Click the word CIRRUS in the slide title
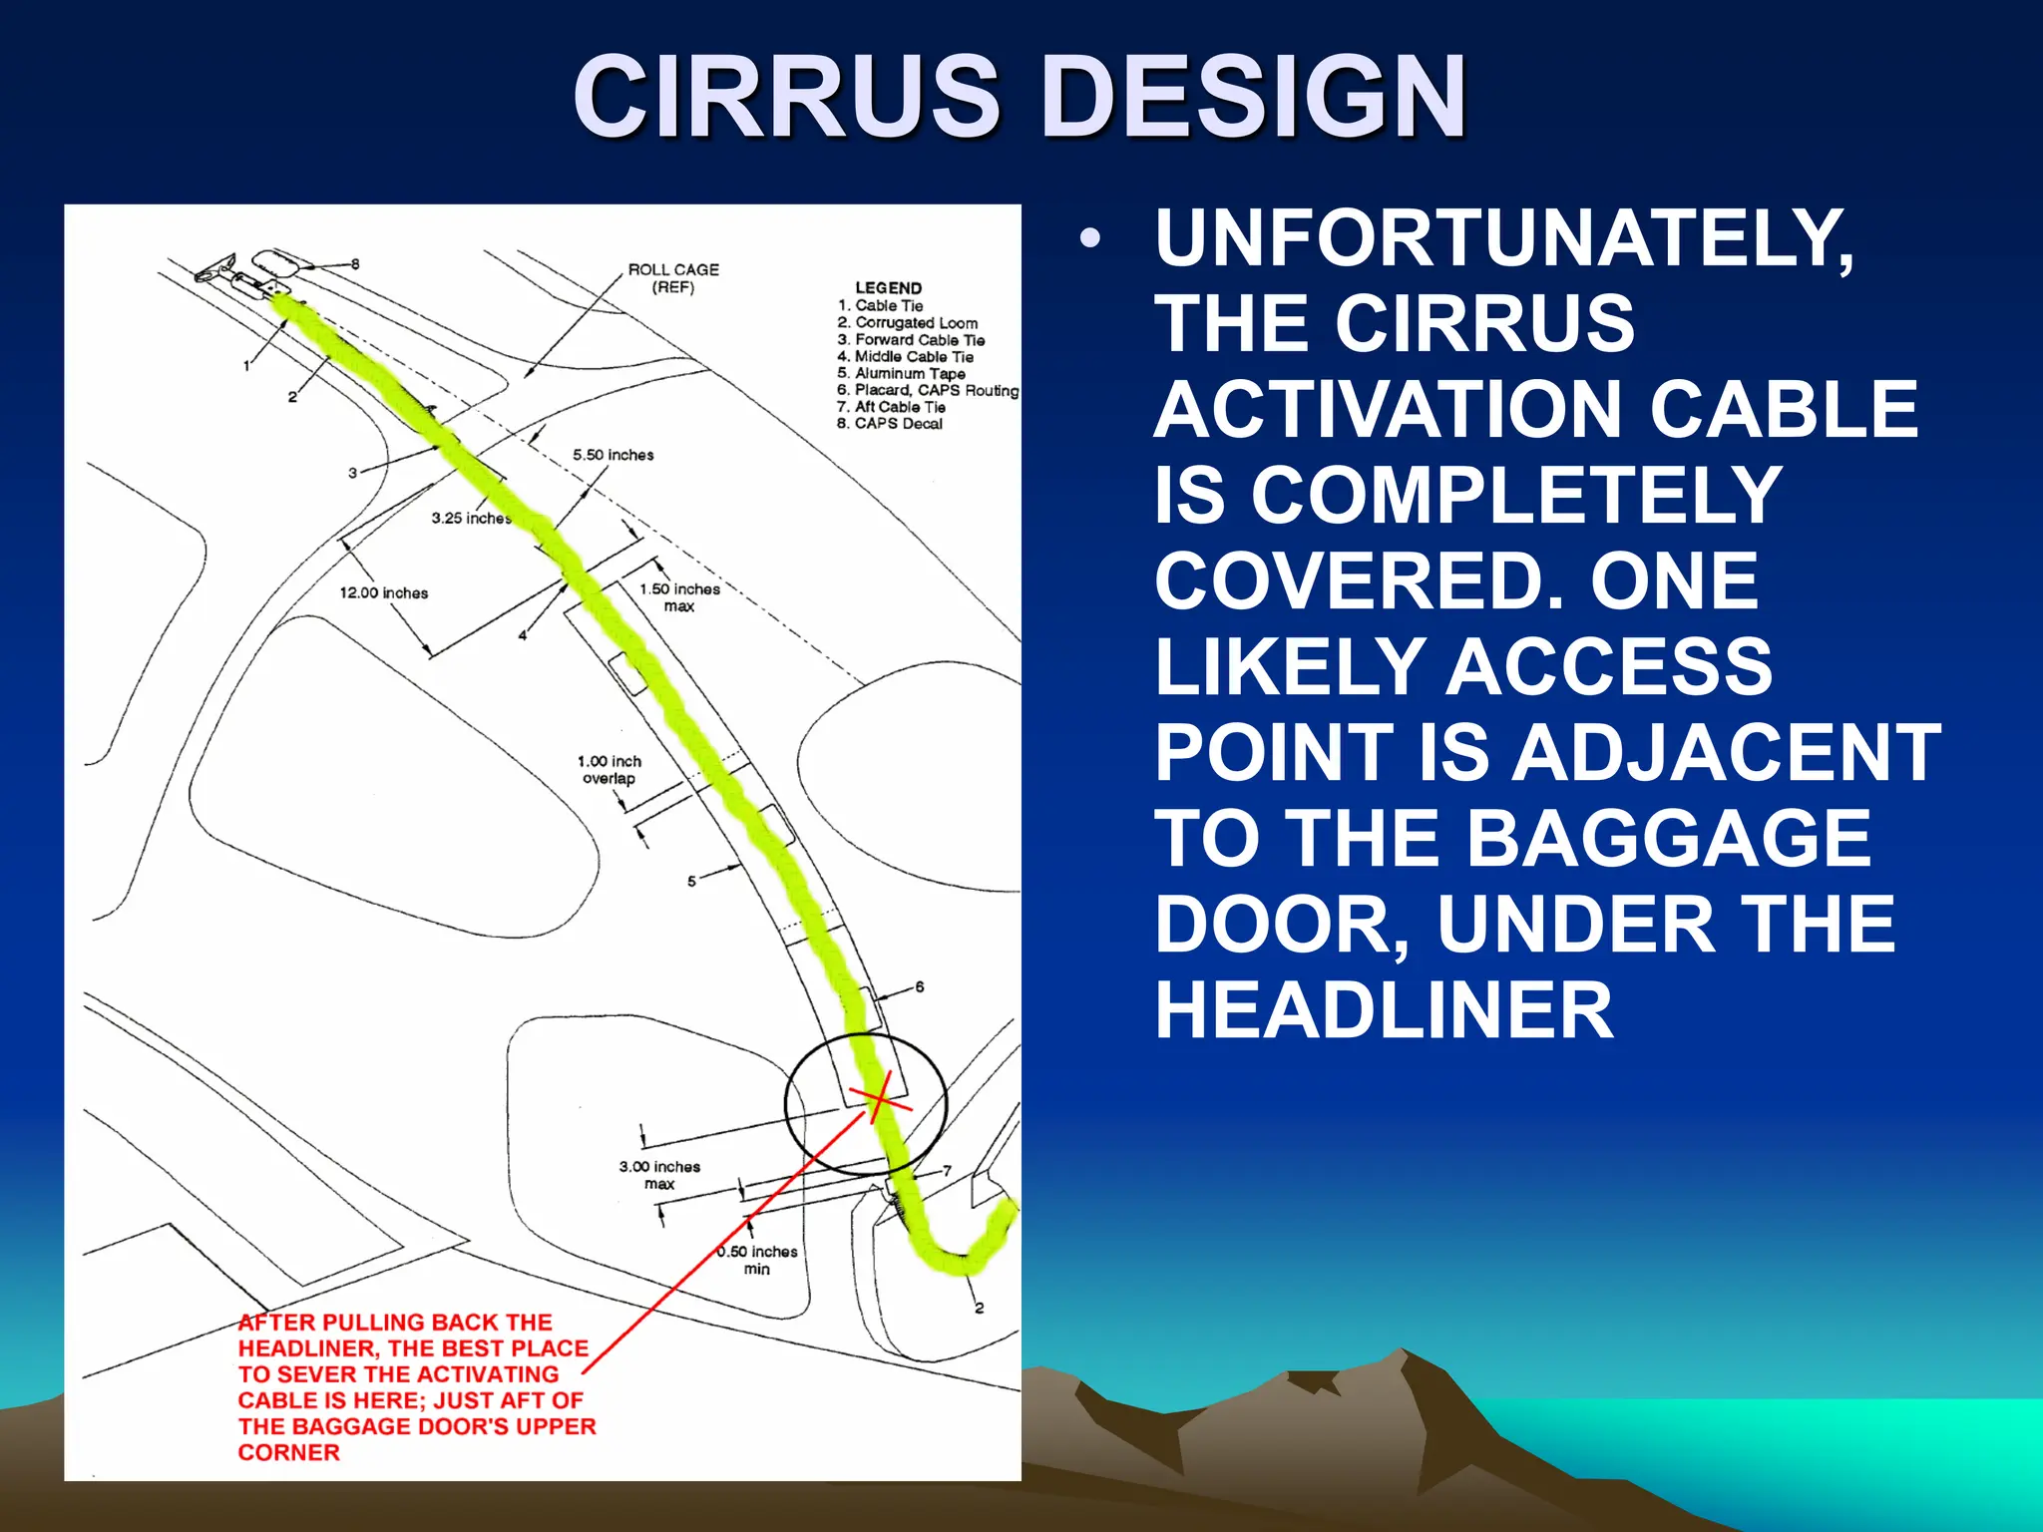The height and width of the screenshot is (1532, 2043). tap(786, 97)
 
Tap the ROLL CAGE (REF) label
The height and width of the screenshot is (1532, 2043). tap(672, 278)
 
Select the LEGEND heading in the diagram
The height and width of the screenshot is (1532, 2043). tap(888, 287)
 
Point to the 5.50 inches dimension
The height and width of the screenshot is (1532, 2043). tap(613, 455)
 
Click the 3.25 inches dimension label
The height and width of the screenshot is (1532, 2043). tap(470, 519)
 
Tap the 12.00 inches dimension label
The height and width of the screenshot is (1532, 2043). tap(383, 592)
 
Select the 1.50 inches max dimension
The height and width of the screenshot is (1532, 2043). tap(679, 597)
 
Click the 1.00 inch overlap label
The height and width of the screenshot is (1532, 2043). tap(609, 770)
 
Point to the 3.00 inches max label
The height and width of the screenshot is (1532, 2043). tap(659, 1175)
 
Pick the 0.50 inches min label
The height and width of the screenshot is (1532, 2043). tap(757, 1260)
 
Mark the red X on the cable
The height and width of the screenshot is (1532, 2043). tap(879, 1098)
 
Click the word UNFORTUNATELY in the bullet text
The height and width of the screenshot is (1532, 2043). tap(1504, 238)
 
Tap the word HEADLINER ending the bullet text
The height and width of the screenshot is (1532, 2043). tap(1384, 1010)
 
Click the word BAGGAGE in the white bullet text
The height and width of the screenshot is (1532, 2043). tap(1668, 839)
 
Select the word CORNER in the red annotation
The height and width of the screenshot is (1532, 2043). tap(288, 1452)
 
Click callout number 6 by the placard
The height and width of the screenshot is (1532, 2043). tap(919, 986)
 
